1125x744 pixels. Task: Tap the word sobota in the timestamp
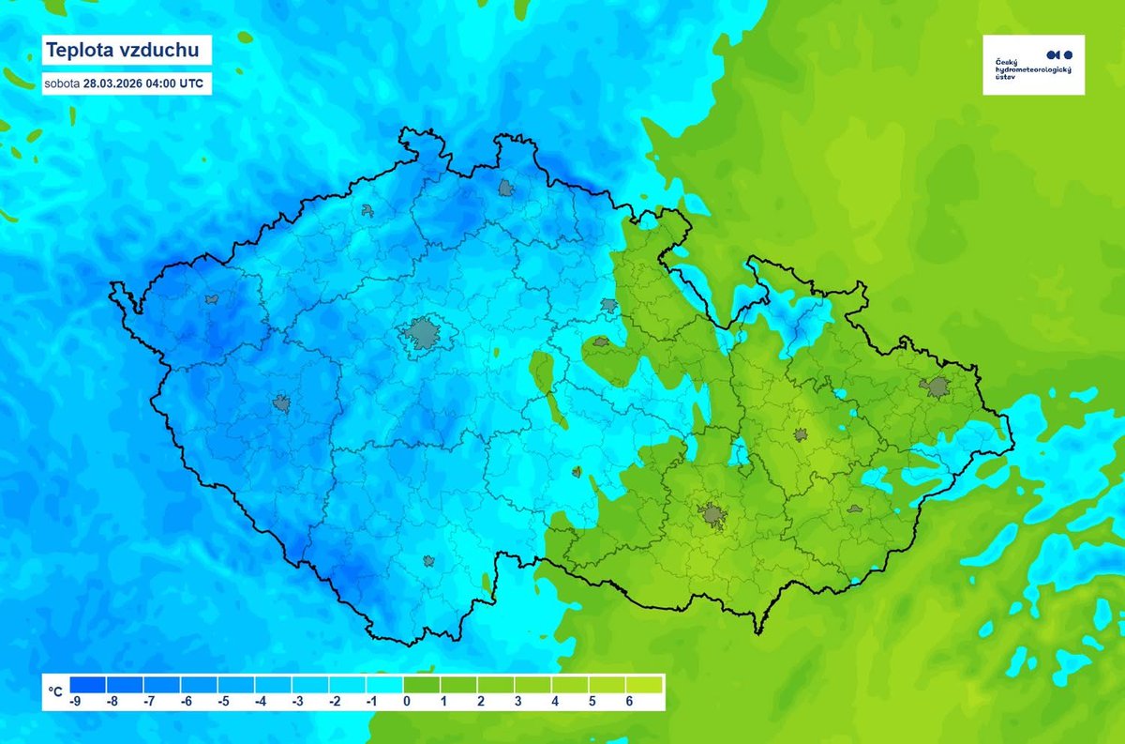coord(62,84)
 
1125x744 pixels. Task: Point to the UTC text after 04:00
coord(190,84)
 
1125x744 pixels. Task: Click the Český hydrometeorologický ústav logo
coord(1033,65)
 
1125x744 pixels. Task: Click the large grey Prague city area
coord(423,333)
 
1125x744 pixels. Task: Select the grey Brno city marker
coord(712,514)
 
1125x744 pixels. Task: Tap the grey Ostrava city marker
coord(935,386)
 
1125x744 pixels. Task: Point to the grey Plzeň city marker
coord(281,403)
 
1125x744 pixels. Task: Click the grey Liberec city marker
coord(507,188)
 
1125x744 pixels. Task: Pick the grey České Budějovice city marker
coord(428,561)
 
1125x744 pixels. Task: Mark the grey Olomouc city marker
coord(800,434)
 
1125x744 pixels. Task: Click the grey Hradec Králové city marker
coord(609,305)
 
